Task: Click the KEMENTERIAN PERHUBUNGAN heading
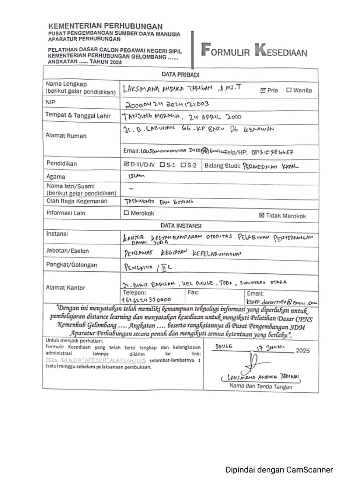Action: [x=105, y=26]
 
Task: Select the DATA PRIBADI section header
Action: [x=180, y=74]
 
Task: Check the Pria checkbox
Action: [x=263, y=90]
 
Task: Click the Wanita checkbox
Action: [x=289, y=90]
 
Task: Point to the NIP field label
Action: [x=51, y=102]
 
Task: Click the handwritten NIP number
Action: [x=167, y=104]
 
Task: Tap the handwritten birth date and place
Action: [x=182, y=117]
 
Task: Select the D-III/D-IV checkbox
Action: [x=126, y=165]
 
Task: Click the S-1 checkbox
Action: [x=162, y=165]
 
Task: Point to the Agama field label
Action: [x=55, y=177]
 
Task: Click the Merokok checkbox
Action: [x=126, y=213]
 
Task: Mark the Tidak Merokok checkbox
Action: [x=262, y=216]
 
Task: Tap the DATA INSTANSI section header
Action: [x=180, y=225]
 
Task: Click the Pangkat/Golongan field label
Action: [x=71, y=265]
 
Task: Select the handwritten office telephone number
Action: [x=146, y=300]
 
